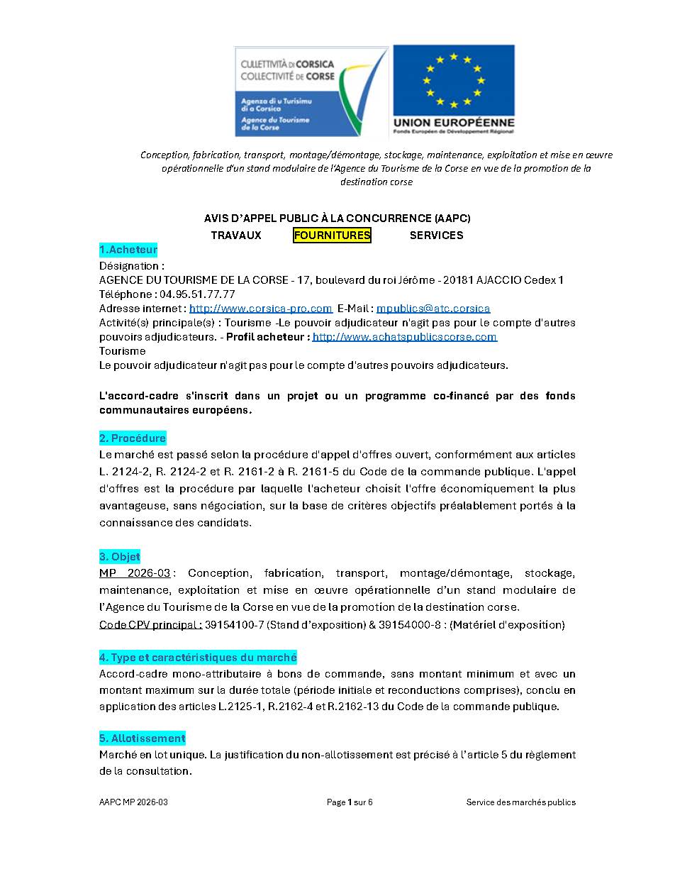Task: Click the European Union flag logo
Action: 454,91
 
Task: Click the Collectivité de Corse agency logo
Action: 311,92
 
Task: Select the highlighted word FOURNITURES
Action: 332,236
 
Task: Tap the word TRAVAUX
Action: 236,236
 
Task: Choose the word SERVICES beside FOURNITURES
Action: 436,236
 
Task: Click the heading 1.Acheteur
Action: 128,250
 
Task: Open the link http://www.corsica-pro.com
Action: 261,309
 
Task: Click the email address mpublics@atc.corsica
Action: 433,309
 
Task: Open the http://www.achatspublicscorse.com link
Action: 405,337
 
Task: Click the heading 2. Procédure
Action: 133,438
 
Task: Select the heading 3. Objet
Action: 120,557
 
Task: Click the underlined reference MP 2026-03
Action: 135,573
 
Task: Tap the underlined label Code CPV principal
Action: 150,625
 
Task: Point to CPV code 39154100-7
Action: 235,625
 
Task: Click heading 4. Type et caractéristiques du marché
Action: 198,658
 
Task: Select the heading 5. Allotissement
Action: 143,739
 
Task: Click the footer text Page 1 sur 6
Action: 350,802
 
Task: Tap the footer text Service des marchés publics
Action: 520,802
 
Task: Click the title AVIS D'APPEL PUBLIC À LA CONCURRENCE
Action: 337,218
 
